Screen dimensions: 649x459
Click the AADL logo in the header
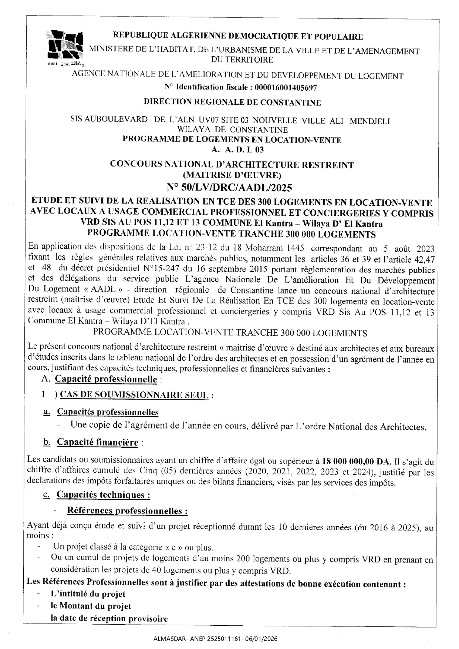(65, 47)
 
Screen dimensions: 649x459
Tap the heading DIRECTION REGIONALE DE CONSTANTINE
(232, 102)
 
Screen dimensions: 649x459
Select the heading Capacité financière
(97, 442)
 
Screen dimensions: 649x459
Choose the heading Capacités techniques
(103, 495)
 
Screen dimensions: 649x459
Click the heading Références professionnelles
(127, 511)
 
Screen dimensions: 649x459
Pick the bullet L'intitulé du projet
(88, 594)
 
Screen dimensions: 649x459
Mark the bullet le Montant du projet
(91, 606)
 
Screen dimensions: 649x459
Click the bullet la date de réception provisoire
(109, 618)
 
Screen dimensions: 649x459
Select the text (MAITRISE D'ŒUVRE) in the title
(232, 175)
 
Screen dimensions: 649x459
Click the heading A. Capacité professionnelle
(106, 379)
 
